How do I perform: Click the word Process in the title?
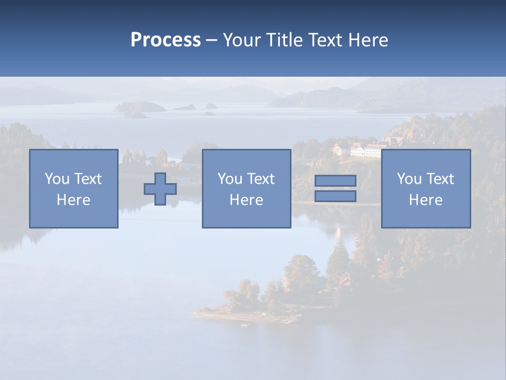pos(166,40)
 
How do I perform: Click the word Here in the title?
pos(368,40)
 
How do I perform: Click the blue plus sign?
pos(160,189)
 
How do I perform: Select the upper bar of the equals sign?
pos(335,180)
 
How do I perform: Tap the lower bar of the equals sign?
pos(335,196)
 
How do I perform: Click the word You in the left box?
pos(57,179)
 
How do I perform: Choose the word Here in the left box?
pos(73,200)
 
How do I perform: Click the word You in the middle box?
pos(230,179)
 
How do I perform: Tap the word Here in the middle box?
pos(246,200)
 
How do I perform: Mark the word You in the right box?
pos(409,179)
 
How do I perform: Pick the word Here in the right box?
pos(425,200)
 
